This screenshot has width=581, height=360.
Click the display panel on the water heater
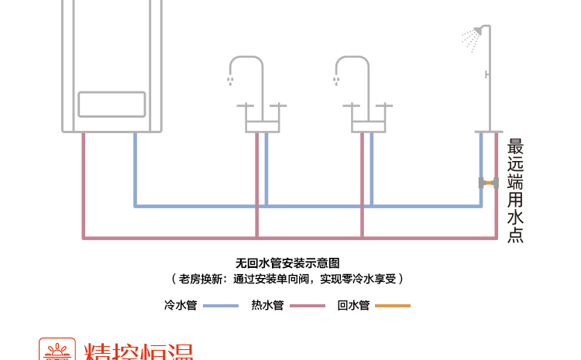[112, 105]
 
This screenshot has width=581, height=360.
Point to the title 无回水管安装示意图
[287, 263]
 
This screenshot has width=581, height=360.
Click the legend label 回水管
[353, 306]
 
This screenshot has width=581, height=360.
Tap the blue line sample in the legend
[221, 307]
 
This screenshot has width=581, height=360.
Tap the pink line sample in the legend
[308, 307]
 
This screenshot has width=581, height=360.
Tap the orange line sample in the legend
[393, 307]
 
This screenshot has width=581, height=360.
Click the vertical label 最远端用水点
[515, 190]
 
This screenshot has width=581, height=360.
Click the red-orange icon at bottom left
[57, 350]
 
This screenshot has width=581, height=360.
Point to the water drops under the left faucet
[230, 80]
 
